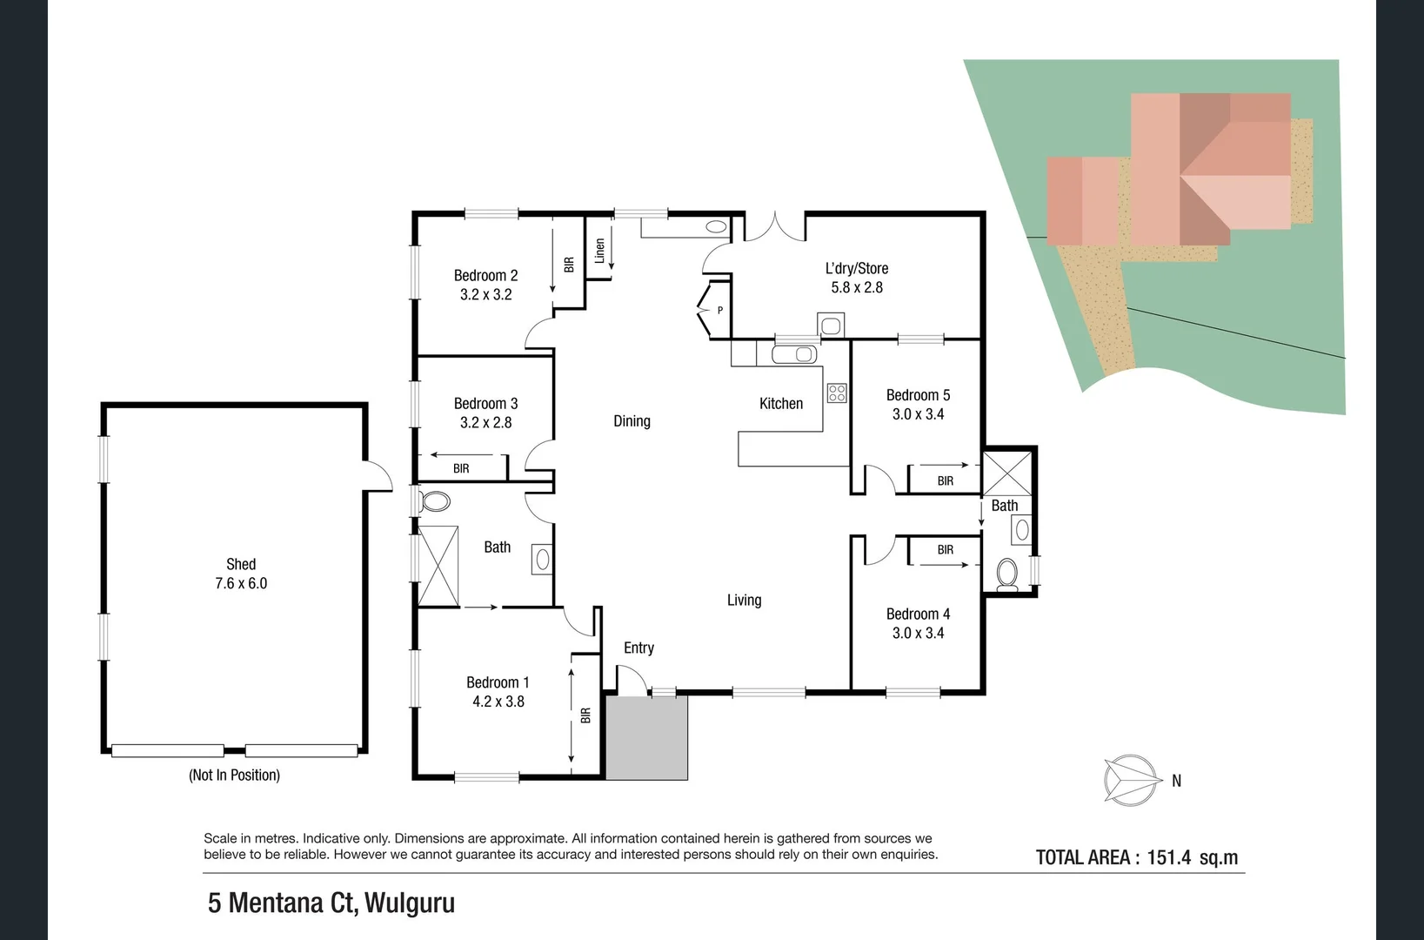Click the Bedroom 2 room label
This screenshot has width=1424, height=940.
485,275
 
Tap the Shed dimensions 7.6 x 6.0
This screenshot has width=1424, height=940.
241,583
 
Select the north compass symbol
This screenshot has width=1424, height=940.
1133,780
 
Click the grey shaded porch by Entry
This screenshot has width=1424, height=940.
646,738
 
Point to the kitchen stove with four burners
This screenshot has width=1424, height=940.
837,393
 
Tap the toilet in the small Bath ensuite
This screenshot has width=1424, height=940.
1007,574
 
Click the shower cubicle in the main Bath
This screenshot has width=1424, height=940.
438,566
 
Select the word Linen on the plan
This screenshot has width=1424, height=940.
599,251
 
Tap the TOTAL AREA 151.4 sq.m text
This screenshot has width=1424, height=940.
1136,857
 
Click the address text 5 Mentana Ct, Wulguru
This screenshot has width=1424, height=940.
331,903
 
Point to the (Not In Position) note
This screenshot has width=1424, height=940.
234,775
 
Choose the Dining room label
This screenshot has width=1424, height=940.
632,421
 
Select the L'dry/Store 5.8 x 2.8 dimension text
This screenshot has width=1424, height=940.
857,287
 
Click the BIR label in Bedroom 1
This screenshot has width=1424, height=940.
585,715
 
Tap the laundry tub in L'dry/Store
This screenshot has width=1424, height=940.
831,326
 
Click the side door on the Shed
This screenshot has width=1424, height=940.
378,476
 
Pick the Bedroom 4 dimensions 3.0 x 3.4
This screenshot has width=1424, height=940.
918,633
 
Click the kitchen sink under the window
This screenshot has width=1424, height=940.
794,354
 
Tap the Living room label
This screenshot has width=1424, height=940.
744,600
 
